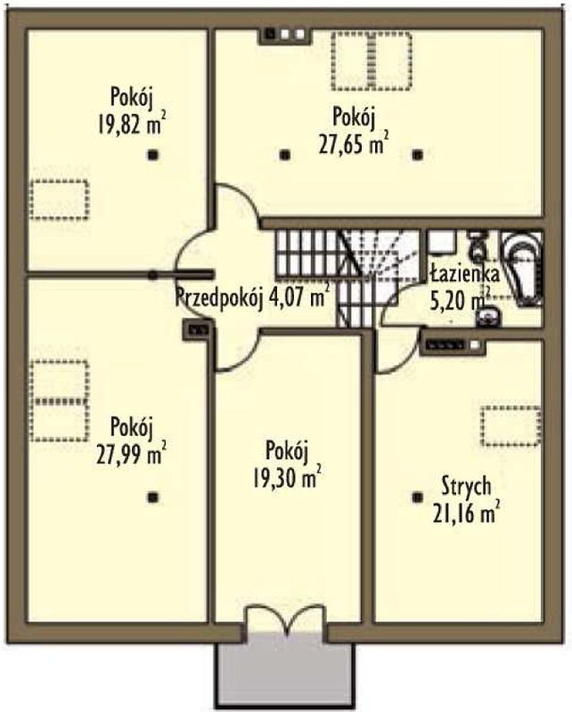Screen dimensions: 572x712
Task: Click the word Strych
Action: pyautogui.click(x=466, y=486)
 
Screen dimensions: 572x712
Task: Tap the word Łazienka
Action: pyautogui.click(x=464, y=274)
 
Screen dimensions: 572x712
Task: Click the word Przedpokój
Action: pyautogui.click(x=219, y=298)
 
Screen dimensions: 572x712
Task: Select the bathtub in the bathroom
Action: pyautogui.click(x=521, y=269)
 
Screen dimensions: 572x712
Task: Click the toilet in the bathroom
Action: pyautogui.click(x=477, y=246)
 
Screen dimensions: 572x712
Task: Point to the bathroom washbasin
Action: pyautogui.click(x=488, y=317)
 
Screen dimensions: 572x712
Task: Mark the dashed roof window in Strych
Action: pyautogui.click(x=511, y=426)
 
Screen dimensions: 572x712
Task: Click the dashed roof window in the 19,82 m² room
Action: pyautogui.click(x=59, y=199)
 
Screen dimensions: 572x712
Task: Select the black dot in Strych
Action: pyautogui.click(x=416, y=498)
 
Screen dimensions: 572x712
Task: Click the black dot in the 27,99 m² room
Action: pyautogui.click(x=153, y=498)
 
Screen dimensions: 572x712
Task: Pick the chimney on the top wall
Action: pyautogui.click(x=284, y=36)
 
